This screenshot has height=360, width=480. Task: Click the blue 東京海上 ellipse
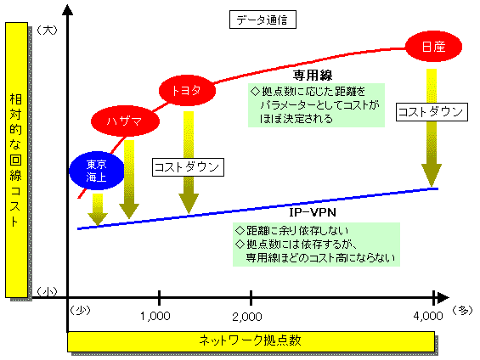click(97, 171)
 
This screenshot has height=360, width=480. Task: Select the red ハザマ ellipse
click(125, 121)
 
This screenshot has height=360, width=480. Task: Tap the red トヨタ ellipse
click(187, 90)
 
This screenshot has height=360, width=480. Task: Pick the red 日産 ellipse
click(433, 47)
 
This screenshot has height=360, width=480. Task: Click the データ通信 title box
click(263, 20)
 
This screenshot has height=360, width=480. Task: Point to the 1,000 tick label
click(155, 316)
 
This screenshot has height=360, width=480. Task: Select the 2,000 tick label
click(247, 317)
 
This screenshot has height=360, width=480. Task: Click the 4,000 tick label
click(428, 316)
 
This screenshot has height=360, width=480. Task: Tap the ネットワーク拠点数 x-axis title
click(251, 340)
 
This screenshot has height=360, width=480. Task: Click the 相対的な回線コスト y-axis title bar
click(16, 160)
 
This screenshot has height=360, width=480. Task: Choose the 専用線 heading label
click(313, 76)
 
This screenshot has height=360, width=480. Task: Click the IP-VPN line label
click(313, 212)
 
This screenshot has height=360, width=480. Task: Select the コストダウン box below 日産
click(432, 112)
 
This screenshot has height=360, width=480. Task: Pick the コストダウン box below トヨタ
click(188, 167)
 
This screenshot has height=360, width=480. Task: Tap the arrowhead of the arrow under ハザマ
click(129, 211)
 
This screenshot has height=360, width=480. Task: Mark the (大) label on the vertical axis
click(47, 30)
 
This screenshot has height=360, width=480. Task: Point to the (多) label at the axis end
click(462, 311)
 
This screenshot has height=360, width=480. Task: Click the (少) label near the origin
click(80, 311)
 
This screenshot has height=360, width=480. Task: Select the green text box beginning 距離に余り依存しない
click(316, 245)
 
